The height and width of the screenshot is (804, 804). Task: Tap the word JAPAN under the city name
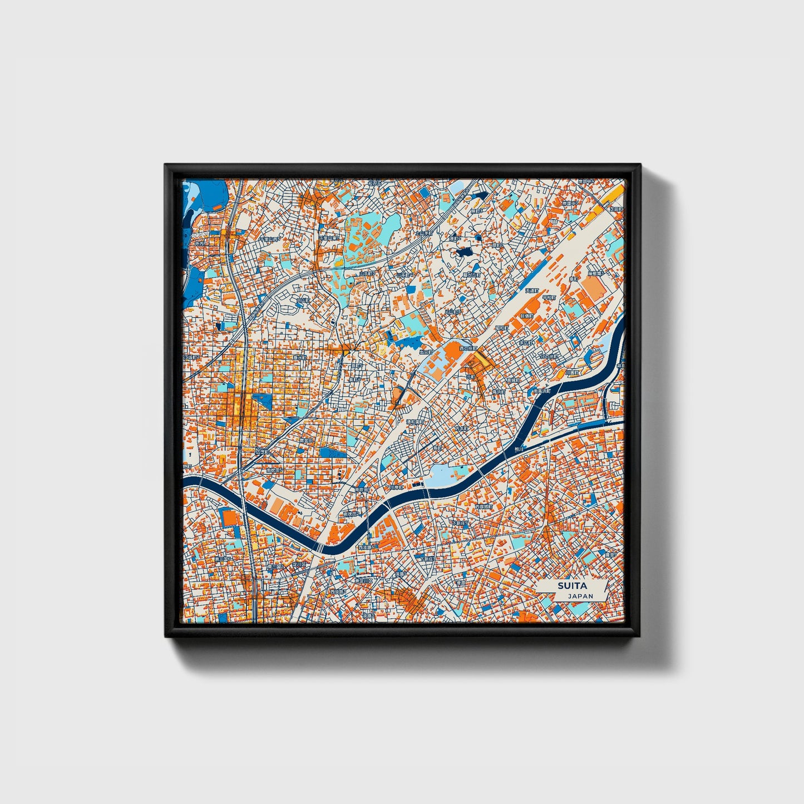pyautogui.click(x=580, y=596)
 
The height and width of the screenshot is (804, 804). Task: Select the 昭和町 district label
pyautogui.click(x=501, y=328)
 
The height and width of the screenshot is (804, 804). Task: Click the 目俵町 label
pyautogui.click(x=526, y=315)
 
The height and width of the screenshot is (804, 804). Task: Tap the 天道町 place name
pyautogui.click(x=532, y=291)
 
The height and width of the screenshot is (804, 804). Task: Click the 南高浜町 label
pyautogui.click(x=541, y=391)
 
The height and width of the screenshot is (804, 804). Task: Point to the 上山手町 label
pyautogui.click(x=425, y=234)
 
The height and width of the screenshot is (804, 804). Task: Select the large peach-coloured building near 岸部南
pyautogui.click(x=593, y=287)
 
